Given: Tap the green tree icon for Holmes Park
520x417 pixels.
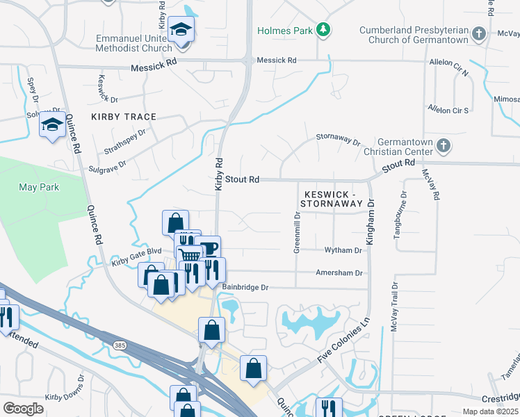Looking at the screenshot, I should coord(323,29).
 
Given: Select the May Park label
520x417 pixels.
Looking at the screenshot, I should coord(40,187).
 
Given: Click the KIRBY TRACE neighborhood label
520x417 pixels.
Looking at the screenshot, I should coord(123,117).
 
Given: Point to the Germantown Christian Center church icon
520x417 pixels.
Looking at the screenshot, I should coord(444,147).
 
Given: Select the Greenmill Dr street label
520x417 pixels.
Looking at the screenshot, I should coord(297,233).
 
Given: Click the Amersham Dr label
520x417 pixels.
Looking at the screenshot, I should coord(339,273).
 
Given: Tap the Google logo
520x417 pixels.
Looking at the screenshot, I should coord(24,409).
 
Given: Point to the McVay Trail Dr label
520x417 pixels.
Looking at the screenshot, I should coord(393,306).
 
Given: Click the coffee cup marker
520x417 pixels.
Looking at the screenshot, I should coord(207,247).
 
